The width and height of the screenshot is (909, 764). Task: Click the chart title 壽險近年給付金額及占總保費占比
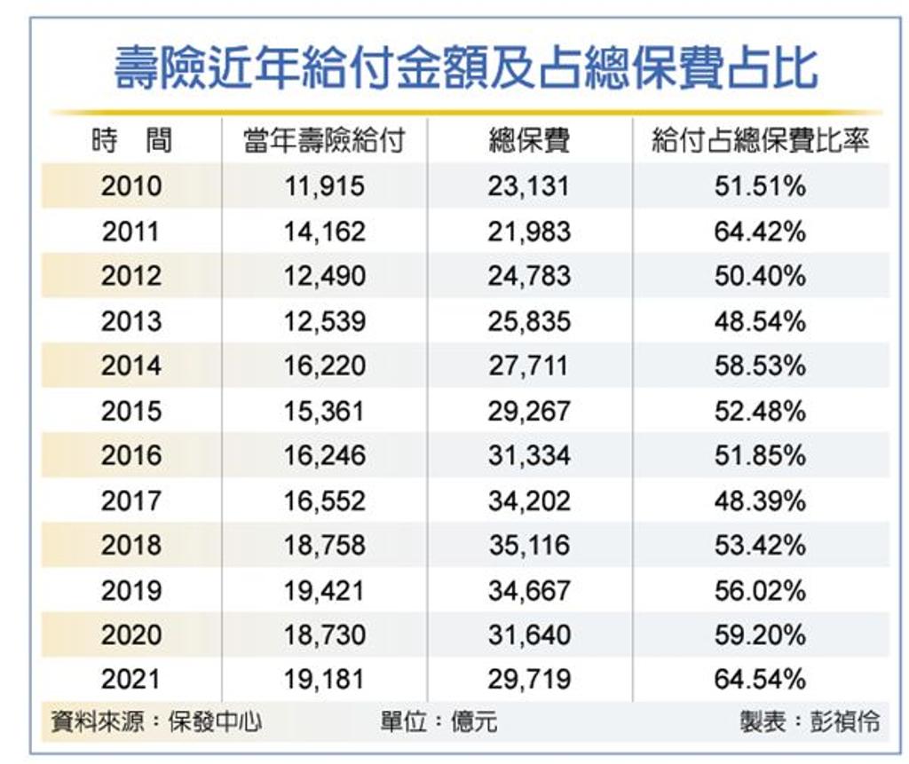tap(465, 68)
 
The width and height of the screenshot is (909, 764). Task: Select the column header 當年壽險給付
tap(324, 141)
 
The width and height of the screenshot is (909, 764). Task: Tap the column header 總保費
tap(529, 141)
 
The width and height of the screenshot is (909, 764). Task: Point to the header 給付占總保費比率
tap(760, 141)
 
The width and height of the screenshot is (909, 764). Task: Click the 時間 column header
tap(131, 141)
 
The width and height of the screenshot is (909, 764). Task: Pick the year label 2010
tap(131, 186)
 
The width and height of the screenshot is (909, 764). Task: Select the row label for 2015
tap(131, 411)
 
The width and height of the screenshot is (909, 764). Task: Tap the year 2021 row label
tap(131, 679)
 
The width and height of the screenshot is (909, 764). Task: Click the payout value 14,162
tap(325, 232)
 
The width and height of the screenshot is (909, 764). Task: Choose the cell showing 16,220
tap(325, 366)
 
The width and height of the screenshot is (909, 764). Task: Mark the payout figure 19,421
tap(325, 591)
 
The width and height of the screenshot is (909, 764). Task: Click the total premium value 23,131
tap(529, 186)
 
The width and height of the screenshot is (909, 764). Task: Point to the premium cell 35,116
tap(529, 546)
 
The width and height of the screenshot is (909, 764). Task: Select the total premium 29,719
tap(529, 680)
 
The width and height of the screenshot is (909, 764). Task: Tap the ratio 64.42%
tap(760, 232)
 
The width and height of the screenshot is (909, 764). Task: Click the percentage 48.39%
tap(760, 500)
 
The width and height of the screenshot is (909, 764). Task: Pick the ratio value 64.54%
tap(760, 680)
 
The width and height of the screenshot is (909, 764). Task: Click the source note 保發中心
tap(215, 721)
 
